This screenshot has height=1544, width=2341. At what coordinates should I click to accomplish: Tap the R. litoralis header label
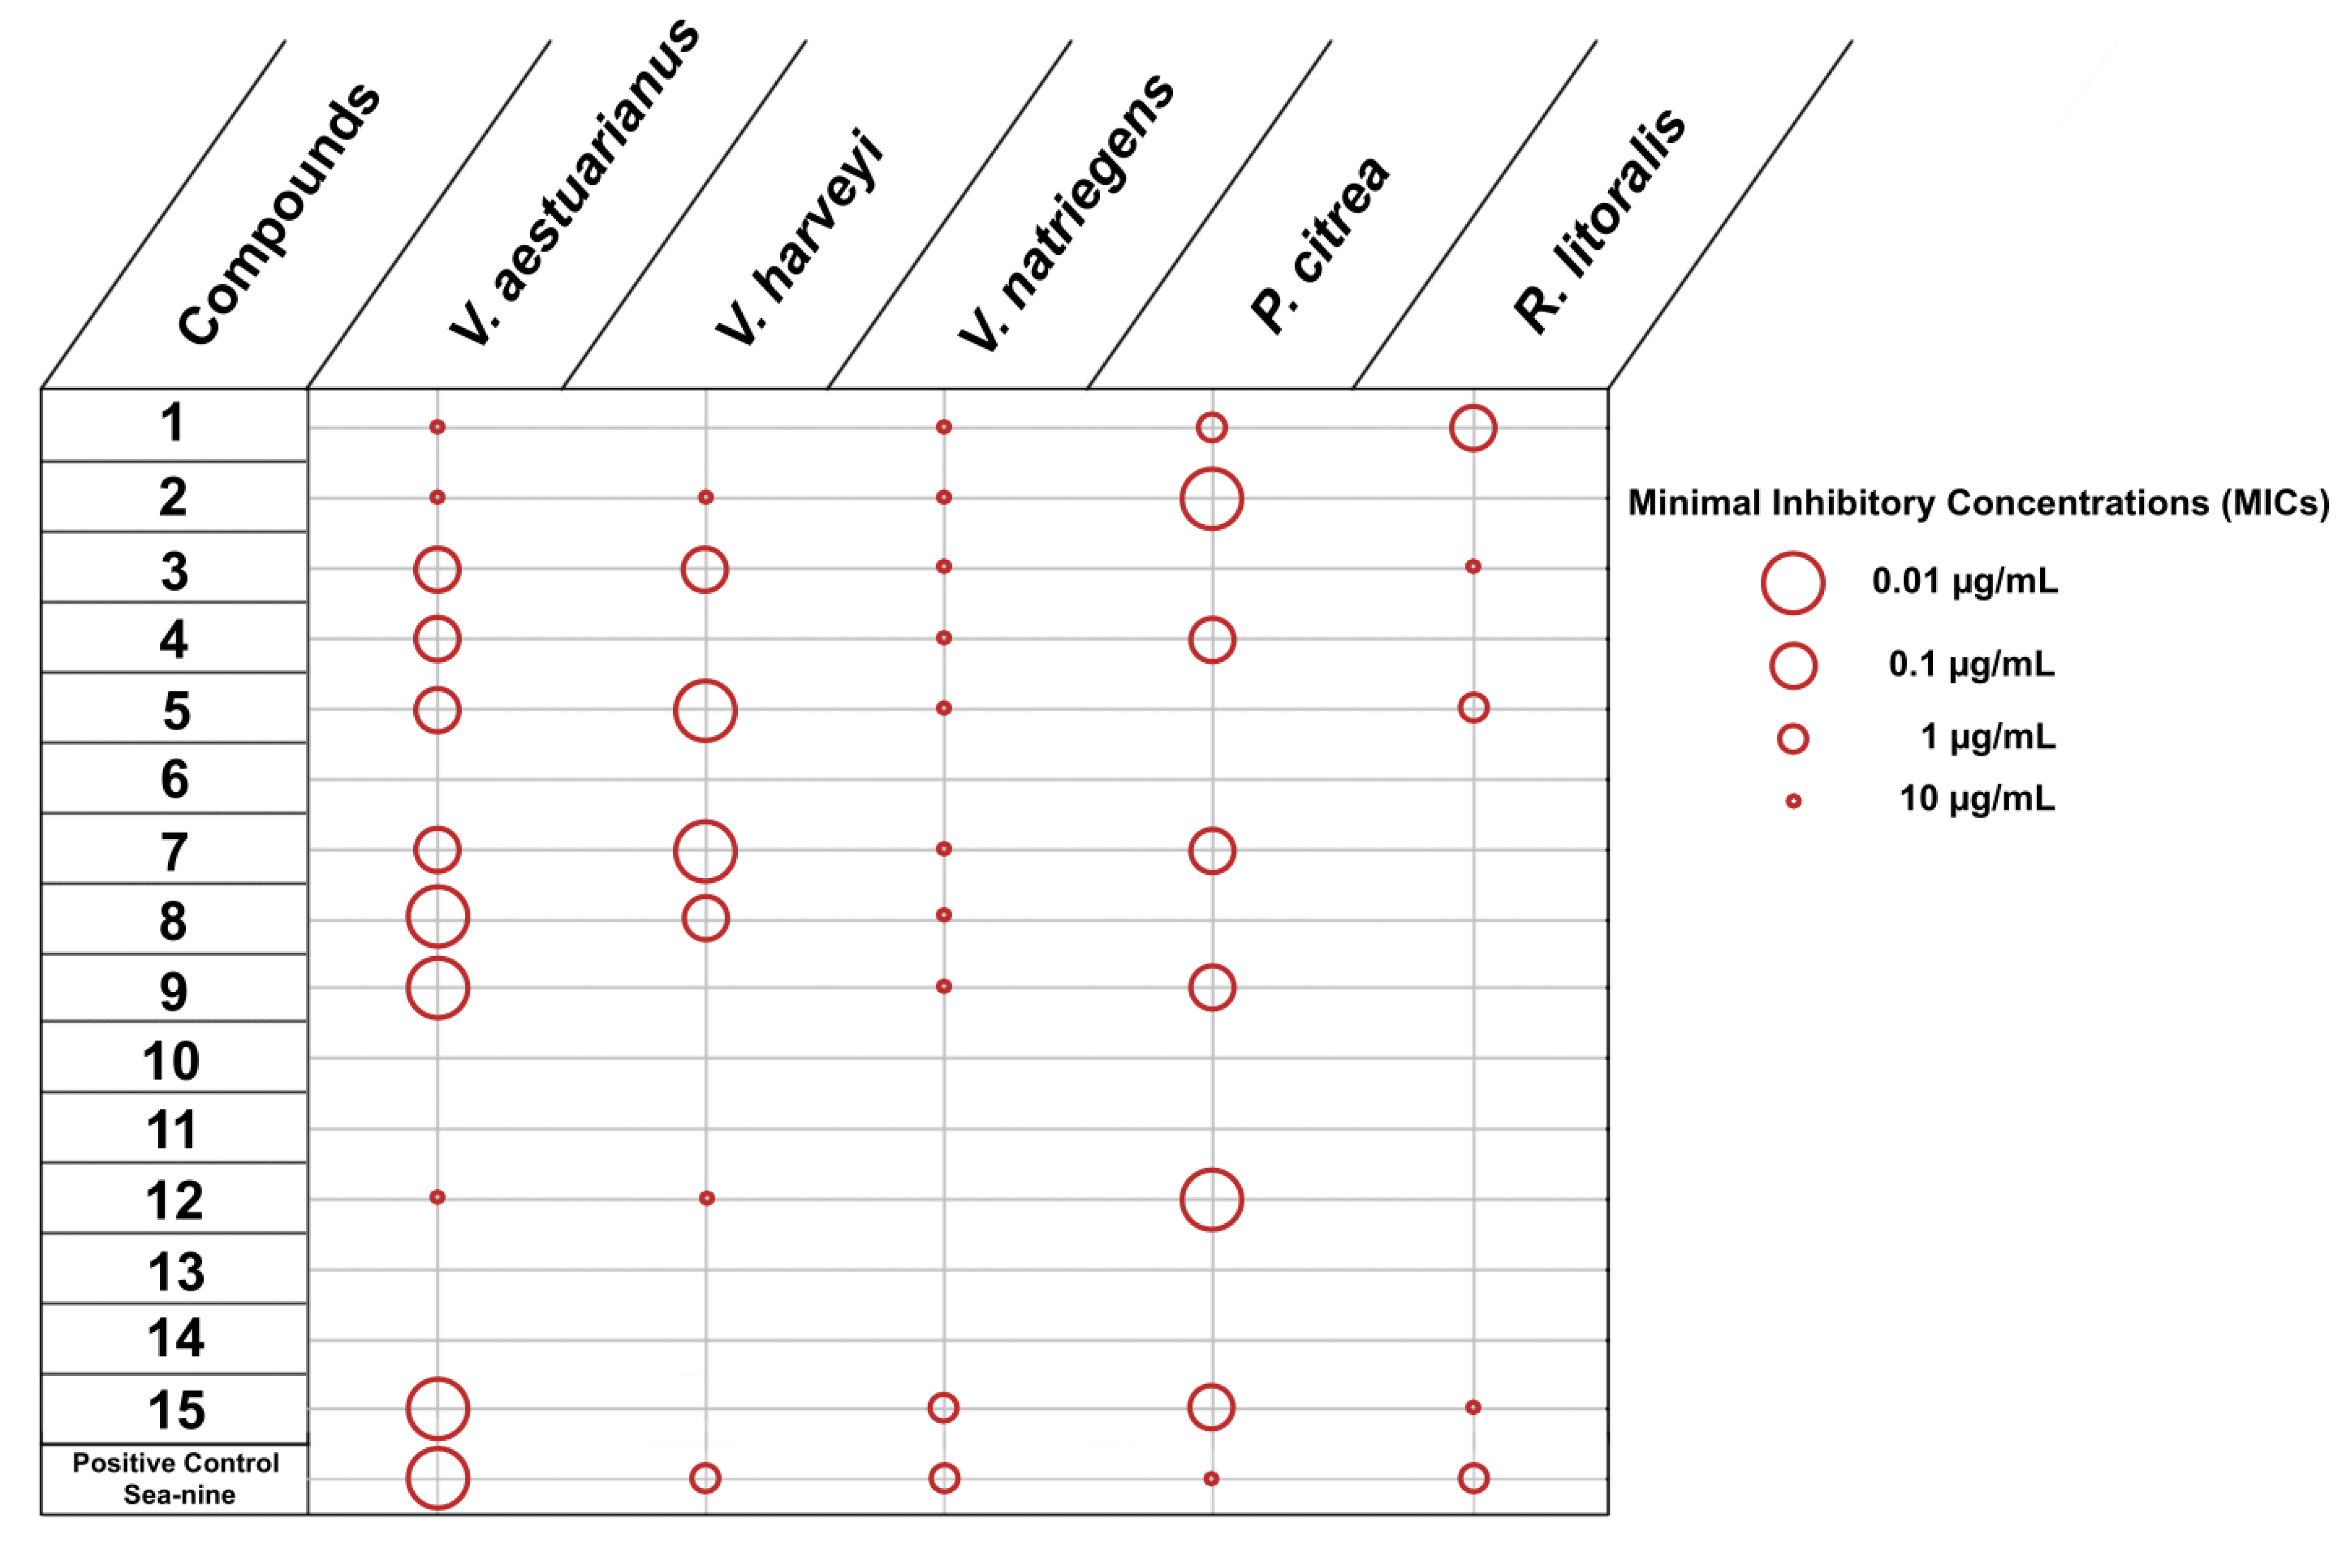(x=1600, y=221)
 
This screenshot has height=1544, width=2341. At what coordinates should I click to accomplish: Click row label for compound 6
(x=174, y=779)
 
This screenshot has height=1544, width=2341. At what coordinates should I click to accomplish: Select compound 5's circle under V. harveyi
(x=705, y=710)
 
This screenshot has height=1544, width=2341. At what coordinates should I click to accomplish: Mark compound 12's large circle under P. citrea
(x=1211, y=1199)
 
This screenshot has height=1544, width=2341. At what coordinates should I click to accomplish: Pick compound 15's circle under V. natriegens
(x=943, y=1407)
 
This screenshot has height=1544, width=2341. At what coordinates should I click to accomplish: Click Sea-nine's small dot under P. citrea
(x=1211, y=1478)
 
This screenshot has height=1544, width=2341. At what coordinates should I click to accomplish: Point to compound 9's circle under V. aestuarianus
(x=437, y=987)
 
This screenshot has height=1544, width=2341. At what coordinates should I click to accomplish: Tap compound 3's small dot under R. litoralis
(x=1473, y=566)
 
